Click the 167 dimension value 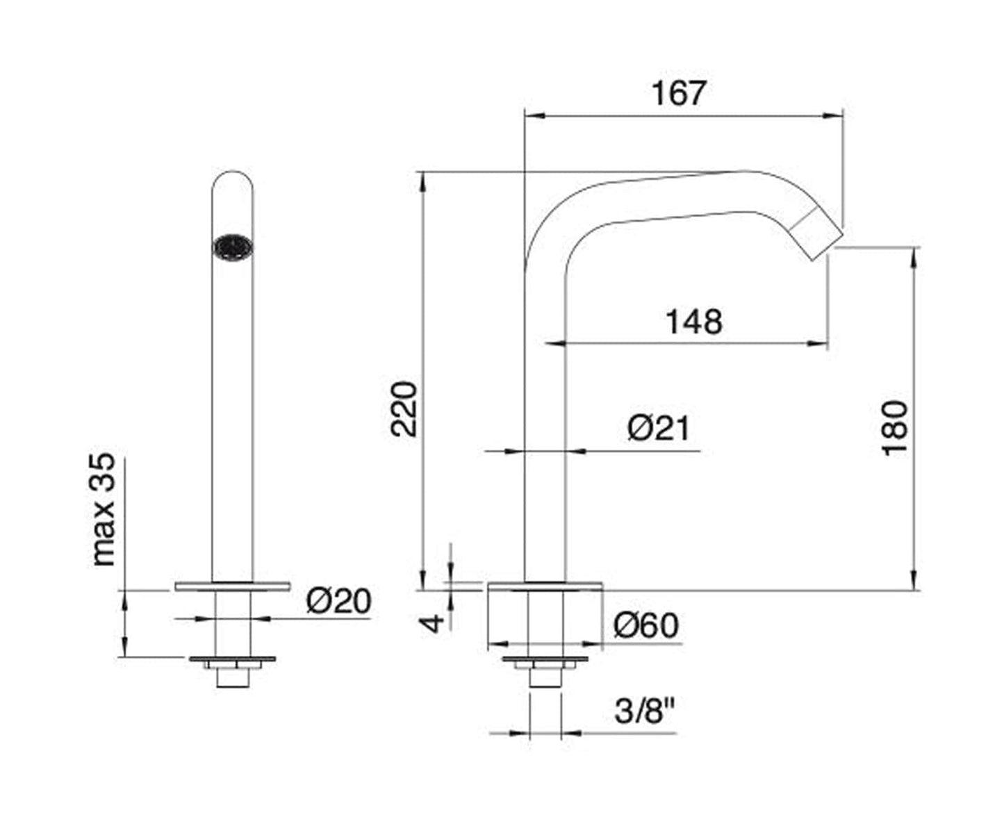point(679,94)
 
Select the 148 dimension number point(693,322)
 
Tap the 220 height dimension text point(404,409)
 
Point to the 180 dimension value point(895,427)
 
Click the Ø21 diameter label point(658,428)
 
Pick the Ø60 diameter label point(645,626)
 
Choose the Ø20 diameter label point(338,601)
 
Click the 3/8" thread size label point(645,711)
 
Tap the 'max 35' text point(104,509)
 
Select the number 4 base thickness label point(433,622)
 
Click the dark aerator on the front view point(233,247)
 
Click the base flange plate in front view point(232,586)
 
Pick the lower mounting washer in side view point(545,659)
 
